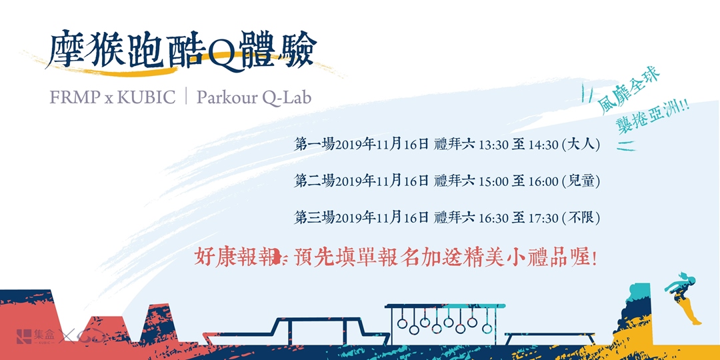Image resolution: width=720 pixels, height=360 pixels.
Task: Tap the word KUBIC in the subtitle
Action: coord(146,97)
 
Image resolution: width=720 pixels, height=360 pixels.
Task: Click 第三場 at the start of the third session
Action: coord(314,217)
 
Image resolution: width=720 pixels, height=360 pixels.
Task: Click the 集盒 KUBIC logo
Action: coord(37,337)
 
